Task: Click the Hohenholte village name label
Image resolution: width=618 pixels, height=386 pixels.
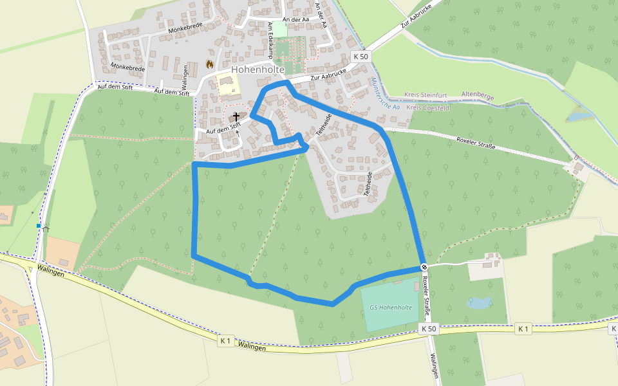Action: click(257, 69)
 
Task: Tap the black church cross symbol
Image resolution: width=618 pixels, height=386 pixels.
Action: click(236, 116)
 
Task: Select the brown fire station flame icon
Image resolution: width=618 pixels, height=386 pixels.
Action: click(209, 64)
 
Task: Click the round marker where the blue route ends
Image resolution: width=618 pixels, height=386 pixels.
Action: click(424, 266)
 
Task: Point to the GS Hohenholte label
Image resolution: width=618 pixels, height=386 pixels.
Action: click(391, 308)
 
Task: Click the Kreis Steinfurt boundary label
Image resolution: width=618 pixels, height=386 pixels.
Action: click(426, 95)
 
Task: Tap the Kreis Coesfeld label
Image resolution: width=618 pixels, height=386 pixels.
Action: click(428, 107)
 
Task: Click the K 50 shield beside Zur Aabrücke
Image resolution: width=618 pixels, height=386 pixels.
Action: click(361, 57)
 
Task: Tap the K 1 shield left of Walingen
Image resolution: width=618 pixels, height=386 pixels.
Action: click(225, 340)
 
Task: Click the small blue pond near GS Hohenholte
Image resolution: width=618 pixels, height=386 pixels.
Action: click(479, 302)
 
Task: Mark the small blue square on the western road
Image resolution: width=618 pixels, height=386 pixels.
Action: click(39, 226)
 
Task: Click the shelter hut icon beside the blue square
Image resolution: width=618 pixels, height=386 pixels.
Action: click(46, 228)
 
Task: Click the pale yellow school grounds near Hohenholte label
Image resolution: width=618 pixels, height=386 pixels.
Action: click(226, 84)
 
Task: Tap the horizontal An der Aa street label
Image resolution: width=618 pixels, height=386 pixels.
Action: click(296, 20)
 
